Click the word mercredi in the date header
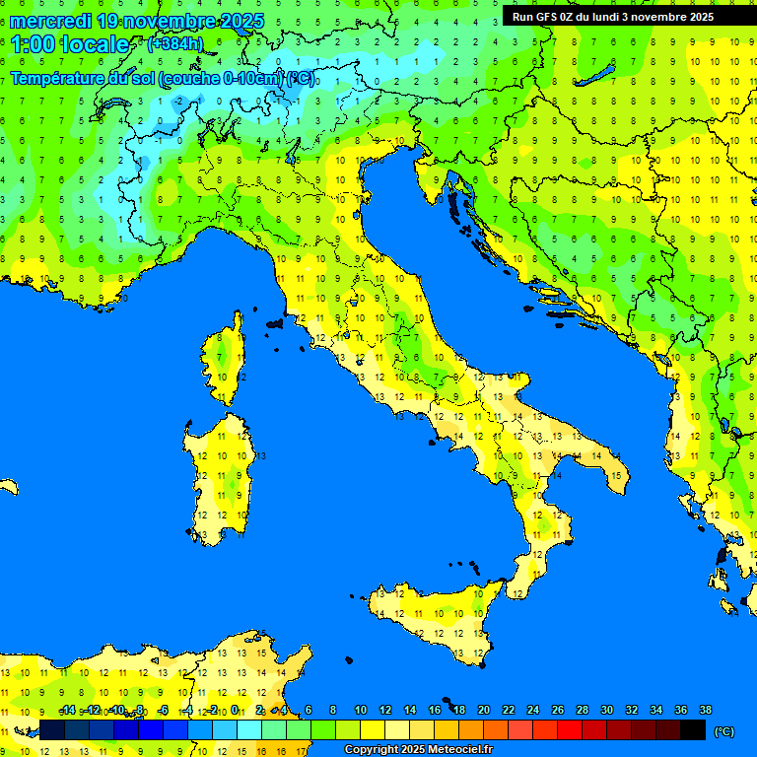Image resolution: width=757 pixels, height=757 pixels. (x=50, y=21)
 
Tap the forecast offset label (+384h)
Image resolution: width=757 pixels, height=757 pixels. (x=174, y=43)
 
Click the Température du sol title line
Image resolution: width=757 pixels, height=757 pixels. (x=163, y=79)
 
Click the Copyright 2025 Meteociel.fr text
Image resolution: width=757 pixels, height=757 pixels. (x=418, y=749)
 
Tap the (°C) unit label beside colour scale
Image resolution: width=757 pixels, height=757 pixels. (x=723, y=731)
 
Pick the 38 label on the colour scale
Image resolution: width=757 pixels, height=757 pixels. (x=706, y=710)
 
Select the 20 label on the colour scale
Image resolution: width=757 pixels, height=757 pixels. (x=483, y=710)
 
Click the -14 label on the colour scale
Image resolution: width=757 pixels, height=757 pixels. (x=67, y=710)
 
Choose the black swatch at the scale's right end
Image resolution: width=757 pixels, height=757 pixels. (x=693, y=730)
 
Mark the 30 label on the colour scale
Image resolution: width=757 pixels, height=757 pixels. (x=606, y=710)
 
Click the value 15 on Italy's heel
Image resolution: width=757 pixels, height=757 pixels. (x=616, y=475)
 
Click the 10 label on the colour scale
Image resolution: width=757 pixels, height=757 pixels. (x=360, y=710)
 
